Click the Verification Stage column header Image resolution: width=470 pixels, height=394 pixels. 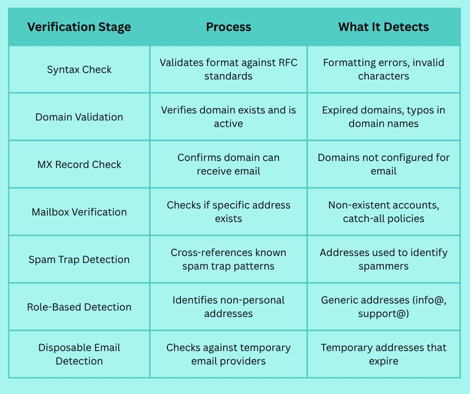(x=79, y=27)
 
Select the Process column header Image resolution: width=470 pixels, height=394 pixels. (x=229, y=27)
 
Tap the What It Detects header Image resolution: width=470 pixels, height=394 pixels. (x=384, y=27)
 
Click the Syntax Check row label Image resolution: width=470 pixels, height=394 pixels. (x=79, y=69)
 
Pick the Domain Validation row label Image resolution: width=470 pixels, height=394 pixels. (x=79, y=117)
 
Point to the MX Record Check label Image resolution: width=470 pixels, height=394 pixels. (x=79, y=164)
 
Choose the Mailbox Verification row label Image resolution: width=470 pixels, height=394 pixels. (x=79, y=212)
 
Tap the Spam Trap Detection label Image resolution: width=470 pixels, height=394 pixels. (x=79, y=260)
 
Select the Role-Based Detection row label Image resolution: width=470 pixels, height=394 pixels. (x=79, y=307)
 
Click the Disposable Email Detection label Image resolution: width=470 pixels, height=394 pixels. (x=79, y=354)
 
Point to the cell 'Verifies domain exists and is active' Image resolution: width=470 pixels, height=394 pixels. (x=229, y=117)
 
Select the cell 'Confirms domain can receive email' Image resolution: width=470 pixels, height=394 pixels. (x=229, y=164)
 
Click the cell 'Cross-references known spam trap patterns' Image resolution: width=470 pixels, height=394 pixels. (x=229, y=259)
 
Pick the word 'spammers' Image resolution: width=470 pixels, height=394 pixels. (x=384, y=267)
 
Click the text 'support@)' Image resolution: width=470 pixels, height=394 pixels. (x=384, y=314)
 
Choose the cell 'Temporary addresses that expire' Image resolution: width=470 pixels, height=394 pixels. (x=384, y=354)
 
